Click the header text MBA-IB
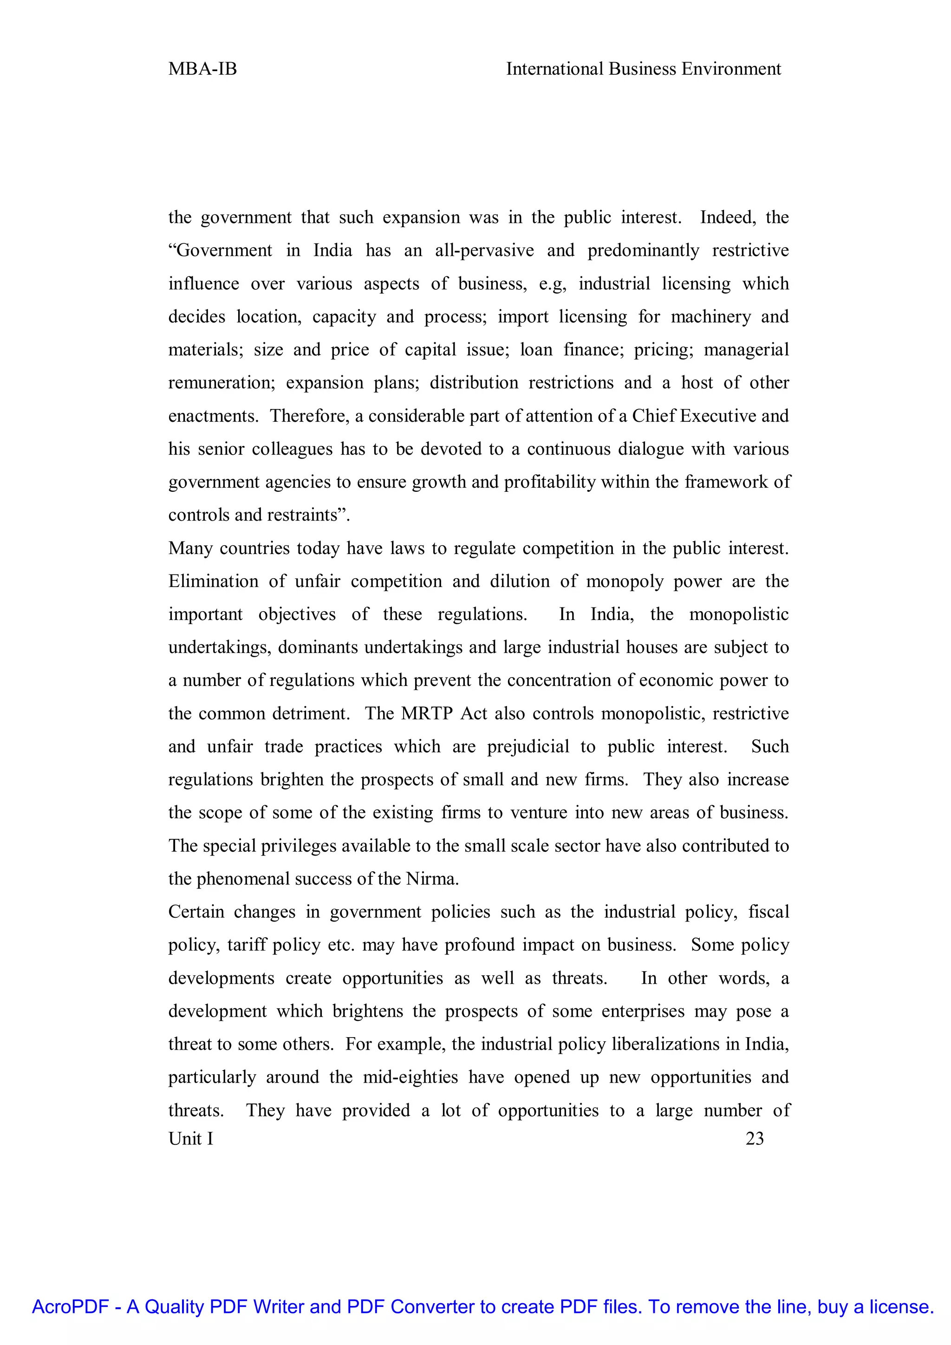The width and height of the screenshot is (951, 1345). tap(202, 69)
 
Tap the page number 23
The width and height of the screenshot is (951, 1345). tap(754, 1138)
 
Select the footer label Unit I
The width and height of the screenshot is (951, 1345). tap(191, 1138)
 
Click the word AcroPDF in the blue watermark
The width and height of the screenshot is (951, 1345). tap(70, 1306)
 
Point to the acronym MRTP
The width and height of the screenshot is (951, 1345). tap(427, 713)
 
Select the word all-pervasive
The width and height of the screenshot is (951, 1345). tap(484, 251)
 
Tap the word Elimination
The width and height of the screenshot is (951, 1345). tap(213, 581)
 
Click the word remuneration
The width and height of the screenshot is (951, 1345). tap(221, 383)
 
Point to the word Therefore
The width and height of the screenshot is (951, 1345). tap(309, 416)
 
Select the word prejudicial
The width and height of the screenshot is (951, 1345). tap(528, 746)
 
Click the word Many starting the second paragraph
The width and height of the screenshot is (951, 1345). tap(190, 548)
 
